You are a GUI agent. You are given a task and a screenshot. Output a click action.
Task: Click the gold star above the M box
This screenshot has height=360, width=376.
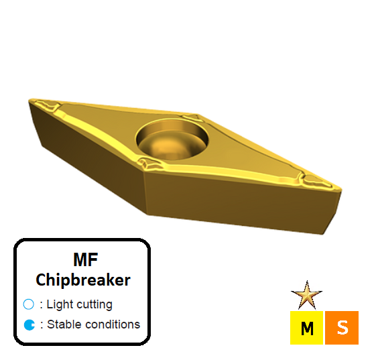coord(307,294)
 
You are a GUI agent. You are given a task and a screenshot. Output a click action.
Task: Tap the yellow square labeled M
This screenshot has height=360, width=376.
coord(307,328)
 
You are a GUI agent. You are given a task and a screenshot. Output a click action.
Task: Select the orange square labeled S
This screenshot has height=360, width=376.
coord(342,328)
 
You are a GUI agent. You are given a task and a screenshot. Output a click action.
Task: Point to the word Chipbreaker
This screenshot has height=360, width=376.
coord(82,280)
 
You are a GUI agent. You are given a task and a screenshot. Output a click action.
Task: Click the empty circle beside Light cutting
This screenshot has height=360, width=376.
coord(29,304)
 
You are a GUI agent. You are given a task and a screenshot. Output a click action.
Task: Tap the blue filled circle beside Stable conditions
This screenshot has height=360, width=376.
coord(29,325)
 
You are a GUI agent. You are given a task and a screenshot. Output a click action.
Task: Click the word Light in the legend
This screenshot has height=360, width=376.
coord(60,304)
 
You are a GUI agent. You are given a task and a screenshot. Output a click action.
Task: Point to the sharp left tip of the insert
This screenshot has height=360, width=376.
coord(31,102)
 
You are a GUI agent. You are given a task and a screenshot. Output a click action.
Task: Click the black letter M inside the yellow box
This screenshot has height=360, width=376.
coord(307,328)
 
